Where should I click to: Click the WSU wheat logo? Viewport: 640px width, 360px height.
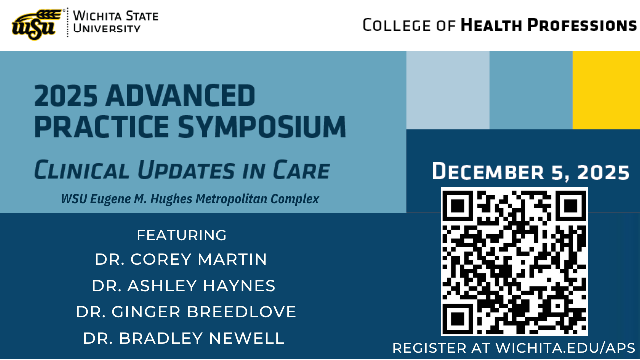[x=36, y=25]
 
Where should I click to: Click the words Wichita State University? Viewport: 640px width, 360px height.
[x=115, y=22]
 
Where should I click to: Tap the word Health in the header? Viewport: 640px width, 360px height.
[x=491, y=25]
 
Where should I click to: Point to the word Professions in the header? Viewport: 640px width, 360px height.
[x=582, y=25]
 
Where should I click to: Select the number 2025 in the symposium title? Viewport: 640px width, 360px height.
[x=66, y=95]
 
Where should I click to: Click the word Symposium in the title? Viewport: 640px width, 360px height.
[x=262, y=127]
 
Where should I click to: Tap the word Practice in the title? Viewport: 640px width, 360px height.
[x=102, y=127]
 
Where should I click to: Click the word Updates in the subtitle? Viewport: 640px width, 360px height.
[x=186, y=170]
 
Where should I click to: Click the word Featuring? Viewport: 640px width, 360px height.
[x=181, y=235]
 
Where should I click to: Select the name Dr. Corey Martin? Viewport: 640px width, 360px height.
[x=181, y=259]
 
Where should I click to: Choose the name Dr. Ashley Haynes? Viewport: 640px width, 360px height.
[x=183, y=285]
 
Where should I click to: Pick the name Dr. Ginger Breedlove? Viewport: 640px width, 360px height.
[x=186, y=311]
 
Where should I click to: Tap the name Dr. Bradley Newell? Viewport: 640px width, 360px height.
[x=184, y=338]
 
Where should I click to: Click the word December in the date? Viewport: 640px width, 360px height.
[x=488, y=171]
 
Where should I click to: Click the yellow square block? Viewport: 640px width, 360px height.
[x=606, y=90]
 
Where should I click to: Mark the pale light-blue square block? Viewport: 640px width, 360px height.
[x=448, y=90]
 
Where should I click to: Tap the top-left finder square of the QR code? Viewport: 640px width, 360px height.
[x=458, y=205]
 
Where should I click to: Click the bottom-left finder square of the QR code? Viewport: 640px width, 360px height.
[x=458, y=318]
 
